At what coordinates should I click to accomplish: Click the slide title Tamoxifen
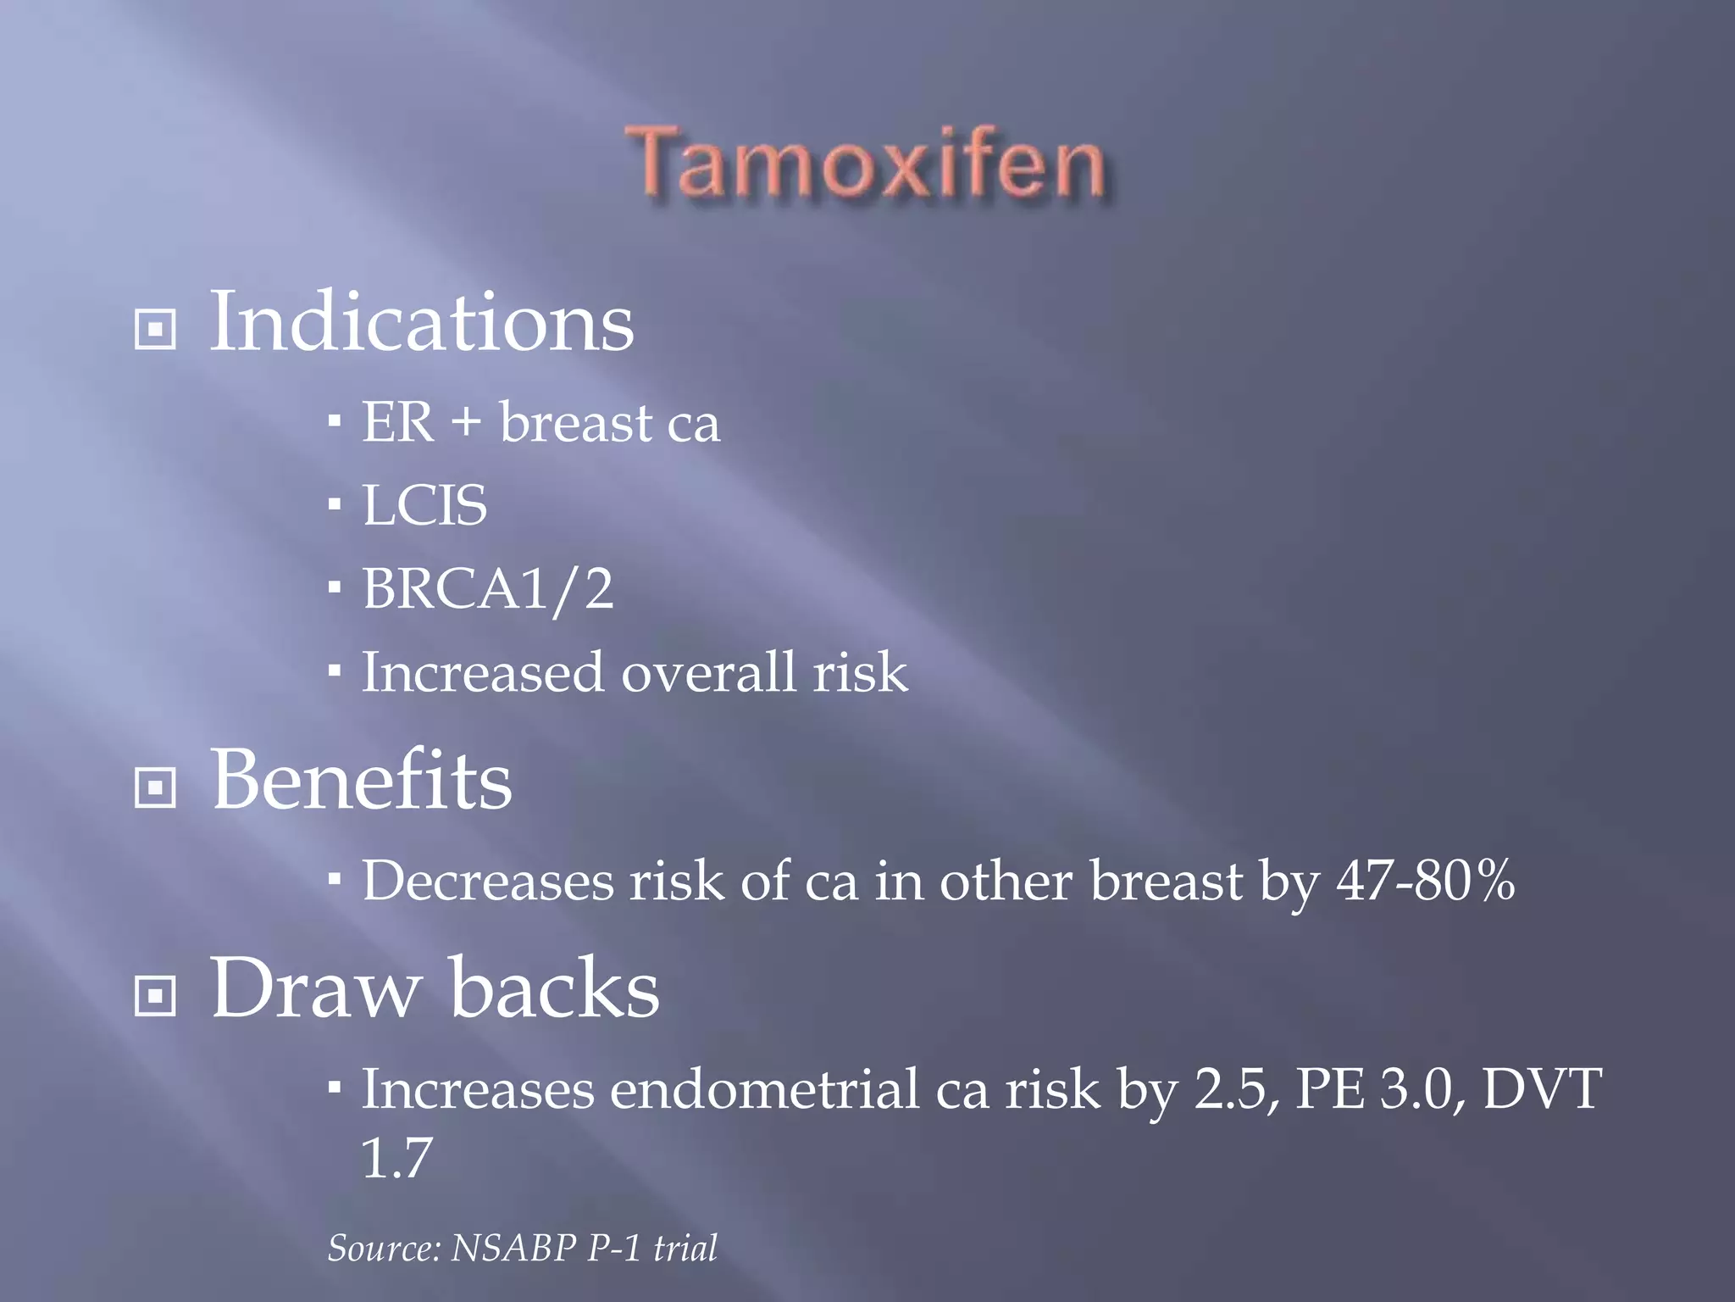click(866, 163)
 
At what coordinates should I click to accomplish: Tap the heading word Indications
click(421, 322)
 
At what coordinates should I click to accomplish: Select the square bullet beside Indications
click(155, 329)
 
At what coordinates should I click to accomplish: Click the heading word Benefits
click(361, 780)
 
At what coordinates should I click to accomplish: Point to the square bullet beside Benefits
click(155, 787)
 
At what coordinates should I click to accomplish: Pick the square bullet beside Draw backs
click(155, 995)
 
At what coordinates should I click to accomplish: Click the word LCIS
click(424, 505)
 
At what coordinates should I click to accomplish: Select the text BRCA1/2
click(487, 588)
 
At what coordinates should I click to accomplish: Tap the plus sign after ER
click(466, 422)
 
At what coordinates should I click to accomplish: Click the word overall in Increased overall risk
click(709, 672)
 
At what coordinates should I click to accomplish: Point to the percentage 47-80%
click(1425, 881)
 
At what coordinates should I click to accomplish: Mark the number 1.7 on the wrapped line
click(396, 1158)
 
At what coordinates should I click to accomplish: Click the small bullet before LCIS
click(335, 505)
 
